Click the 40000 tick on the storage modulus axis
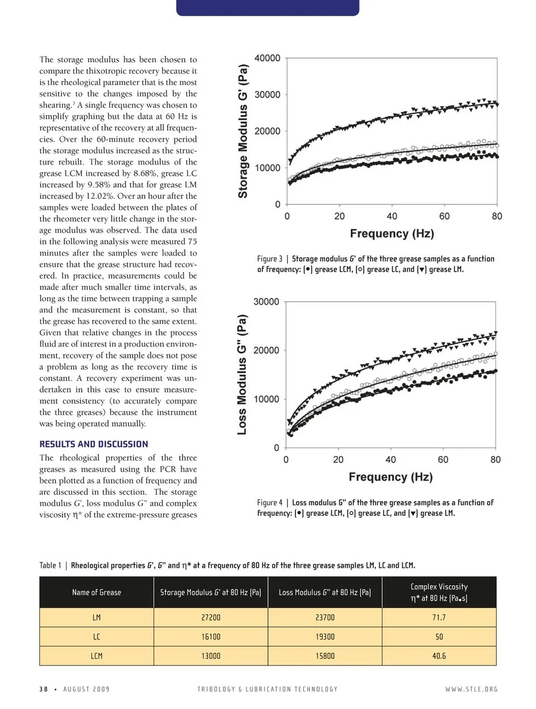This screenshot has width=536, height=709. (x=267, y=59)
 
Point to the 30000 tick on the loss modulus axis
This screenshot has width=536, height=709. (x=266, y=302)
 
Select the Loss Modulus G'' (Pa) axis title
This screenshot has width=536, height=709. (x=242, y=375)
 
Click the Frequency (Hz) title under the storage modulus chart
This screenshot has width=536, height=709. (x=392, y=233)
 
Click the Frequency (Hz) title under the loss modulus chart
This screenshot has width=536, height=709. (x=391, y=477)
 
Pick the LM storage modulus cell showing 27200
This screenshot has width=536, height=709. (x=210, y=617)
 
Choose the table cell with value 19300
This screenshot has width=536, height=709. (x=325, y=636)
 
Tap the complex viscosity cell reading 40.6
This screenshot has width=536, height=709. (x=439, y=656)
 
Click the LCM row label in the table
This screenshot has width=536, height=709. (x=97, y=656)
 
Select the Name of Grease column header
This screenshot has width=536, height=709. (x=97, y=592)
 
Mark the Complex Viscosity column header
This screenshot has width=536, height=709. (x=439, y=592)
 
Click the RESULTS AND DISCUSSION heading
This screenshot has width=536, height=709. (x=94, y=444)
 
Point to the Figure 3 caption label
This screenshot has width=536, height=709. (x=270, y=259)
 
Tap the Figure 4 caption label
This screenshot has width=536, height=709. (x=270, y=502)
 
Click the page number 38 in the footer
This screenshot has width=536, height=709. (x=44, y=689)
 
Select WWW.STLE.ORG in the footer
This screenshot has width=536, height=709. (x=471, y=689)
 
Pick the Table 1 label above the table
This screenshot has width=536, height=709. (x=50, y=566)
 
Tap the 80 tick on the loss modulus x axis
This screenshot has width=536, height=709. (x=495, y=460)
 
